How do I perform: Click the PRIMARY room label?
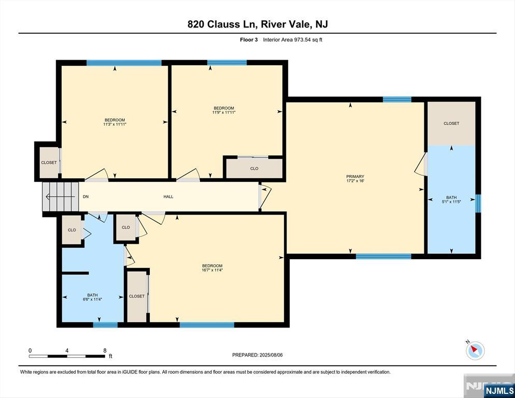click(355, 177)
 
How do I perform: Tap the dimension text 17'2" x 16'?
click(355, 181)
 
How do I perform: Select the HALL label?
click(168, 196)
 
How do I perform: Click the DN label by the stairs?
click(85, 196)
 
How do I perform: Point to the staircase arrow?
click(61, 197)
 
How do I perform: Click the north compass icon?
click(475, 350)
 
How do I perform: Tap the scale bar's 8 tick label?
click(105, 350)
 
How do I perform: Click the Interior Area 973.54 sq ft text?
click(293, 40)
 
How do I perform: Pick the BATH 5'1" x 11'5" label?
click(451, 200)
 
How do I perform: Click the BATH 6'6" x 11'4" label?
click(92, 297)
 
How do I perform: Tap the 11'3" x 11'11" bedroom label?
click(115, 122)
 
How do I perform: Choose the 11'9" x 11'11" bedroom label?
click(224, 110)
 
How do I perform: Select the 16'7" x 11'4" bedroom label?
click(212, 268)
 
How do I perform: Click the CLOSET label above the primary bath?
click(451, 123)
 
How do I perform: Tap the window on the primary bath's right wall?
click(478, 204)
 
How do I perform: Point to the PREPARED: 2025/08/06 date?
click(257, 355)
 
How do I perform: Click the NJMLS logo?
click(499, 390)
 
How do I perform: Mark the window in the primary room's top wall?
click(397, 99)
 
